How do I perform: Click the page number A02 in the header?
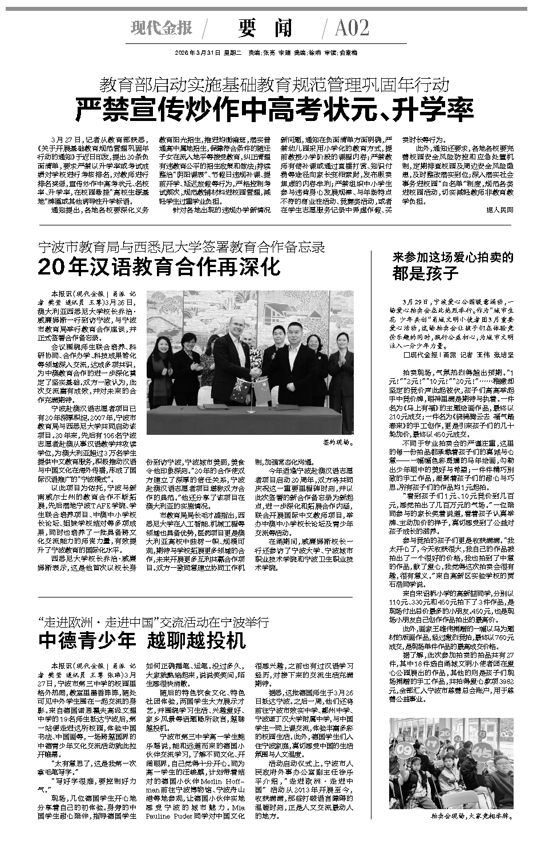pyautogui.click(x=352, y=28)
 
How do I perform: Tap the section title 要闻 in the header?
pyautogui.click(x=265, y=28)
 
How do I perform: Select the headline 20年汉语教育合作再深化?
pyautogui.click(x=160, y=266)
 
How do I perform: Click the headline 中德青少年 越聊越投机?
pyautogui.click(x=142, y=640)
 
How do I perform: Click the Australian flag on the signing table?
pyautogui.click(x=236, y=396)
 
